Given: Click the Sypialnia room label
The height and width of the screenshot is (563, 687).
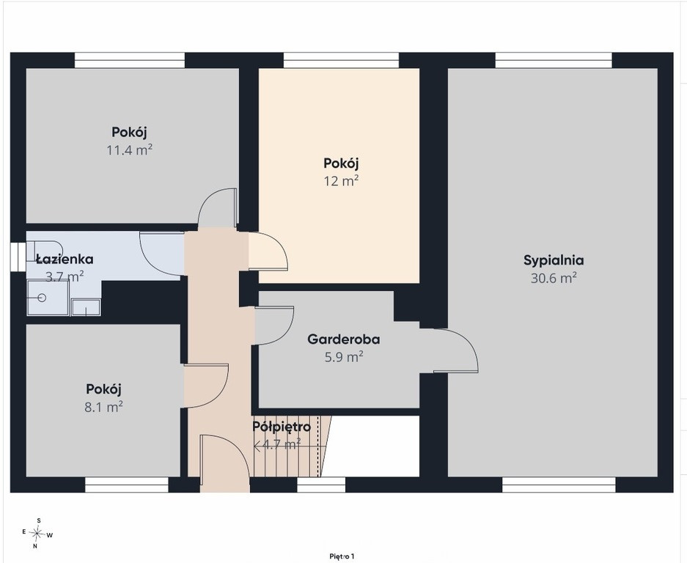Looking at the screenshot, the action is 554,261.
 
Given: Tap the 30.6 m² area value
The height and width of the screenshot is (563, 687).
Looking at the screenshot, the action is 554,279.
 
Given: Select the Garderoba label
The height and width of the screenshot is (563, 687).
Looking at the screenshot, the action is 343,339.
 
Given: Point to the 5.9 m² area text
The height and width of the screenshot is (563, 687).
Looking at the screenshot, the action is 343,357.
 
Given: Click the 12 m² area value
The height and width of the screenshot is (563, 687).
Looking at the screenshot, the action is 341,181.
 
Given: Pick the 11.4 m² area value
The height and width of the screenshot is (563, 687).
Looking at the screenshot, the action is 129,150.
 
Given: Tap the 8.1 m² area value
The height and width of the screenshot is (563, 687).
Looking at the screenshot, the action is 103,407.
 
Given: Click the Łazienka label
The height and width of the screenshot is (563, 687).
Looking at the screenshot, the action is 65,260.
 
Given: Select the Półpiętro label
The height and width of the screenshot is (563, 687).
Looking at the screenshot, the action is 282,427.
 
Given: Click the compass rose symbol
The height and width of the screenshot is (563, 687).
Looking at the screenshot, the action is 37,533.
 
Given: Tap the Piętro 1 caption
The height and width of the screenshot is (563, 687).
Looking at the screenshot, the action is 342,556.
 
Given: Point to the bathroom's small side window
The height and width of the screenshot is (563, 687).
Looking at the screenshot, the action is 18,257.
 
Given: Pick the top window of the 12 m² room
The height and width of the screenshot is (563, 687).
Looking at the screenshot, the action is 342,60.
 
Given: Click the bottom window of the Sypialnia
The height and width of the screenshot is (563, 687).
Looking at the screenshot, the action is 559,485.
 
